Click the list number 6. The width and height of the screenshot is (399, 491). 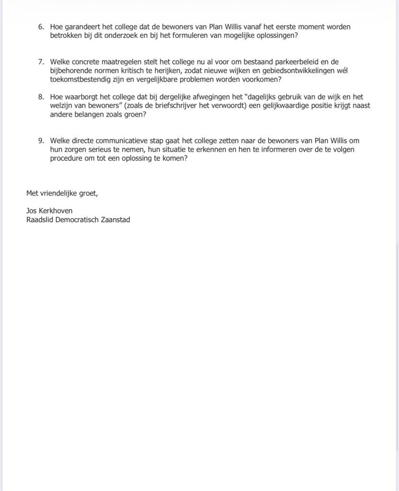point(41,27)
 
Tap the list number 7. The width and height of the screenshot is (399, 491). point(41,62)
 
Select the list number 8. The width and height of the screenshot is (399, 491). point(41,97)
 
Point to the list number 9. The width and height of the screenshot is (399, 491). point(41,140)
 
